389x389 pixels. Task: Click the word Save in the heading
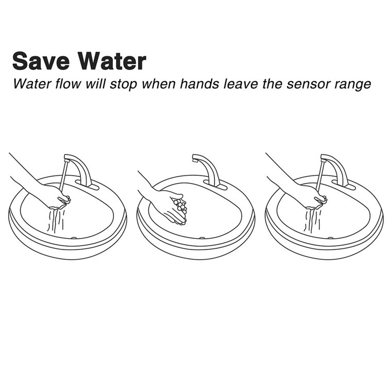point(41,61)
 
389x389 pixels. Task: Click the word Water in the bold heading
point(112,61)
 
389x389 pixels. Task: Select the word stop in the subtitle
point(123,84)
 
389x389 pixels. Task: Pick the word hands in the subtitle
point(200,84)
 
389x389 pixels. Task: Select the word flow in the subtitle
point(68,84)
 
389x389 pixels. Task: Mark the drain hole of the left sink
point(74,238)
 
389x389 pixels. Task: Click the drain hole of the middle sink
point(202,238)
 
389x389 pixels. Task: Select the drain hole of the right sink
point(330,238)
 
